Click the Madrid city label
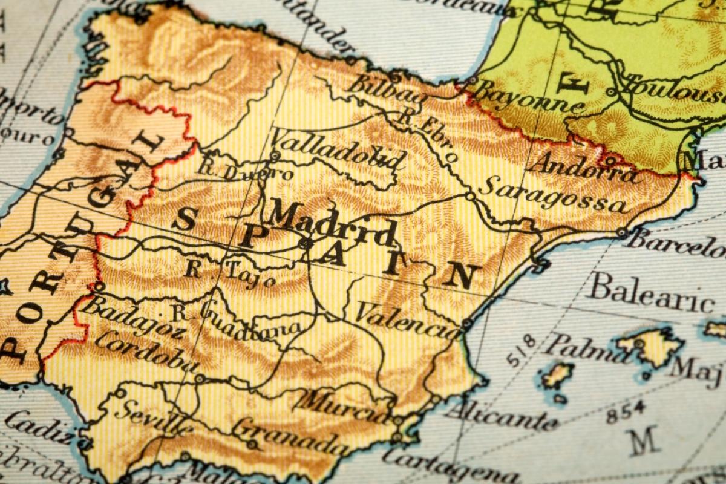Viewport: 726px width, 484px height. click(332, 223)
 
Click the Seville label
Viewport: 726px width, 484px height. click(154, 417)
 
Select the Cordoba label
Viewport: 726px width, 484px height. click(145, 351)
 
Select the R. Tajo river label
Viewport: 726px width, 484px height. click(231, 272)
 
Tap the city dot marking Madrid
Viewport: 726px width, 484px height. click(306, 243)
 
